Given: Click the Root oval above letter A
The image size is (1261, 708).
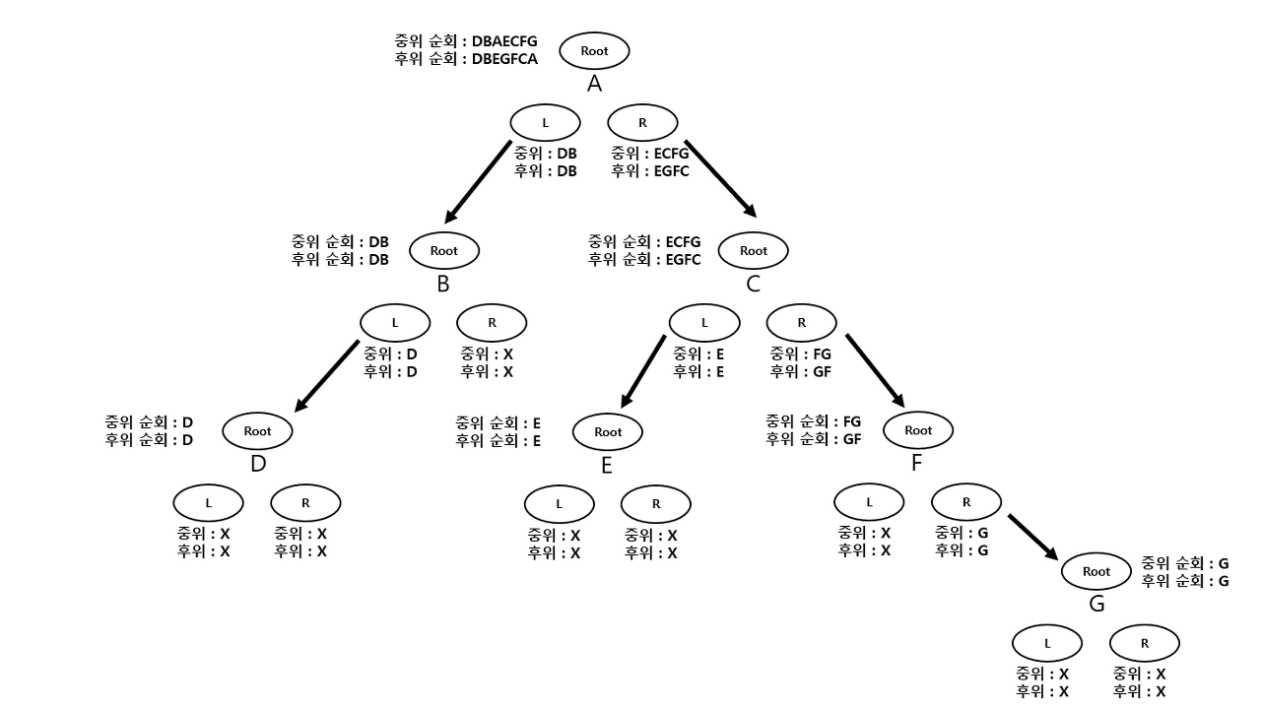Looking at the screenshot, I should (x=594, y=50).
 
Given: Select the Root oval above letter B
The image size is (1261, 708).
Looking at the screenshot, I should (x=444, y=250).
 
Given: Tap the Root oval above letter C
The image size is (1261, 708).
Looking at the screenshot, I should (x=754, y=250).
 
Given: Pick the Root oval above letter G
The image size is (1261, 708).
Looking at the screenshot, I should (x=1095, y=571).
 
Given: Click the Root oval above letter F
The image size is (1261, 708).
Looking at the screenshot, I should (x=918, y=430).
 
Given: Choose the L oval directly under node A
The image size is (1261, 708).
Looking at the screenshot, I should (x=545, y=122).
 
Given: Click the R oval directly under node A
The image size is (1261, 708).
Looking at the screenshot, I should (x=643, y=122).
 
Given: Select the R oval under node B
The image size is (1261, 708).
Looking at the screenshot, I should (x=493, y=322).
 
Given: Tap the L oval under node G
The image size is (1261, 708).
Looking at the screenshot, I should (x=1047, y=643).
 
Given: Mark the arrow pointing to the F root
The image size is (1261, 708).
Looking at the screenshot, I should (x=874, y=369).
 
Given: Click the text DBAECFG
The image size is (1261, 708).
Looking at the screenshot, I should (x=505, y=41).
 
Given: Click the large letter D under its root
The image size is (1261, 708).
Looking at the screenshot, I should (x=258, y=463).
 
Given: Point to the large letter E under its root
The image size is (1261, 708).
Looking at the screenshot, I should (x=607, y=464).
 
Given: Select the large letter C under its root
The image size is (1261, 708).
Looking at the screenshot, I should (x=754, y=284).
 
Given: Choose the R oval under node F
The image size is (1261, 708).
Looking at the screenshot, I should (x=966, y=501).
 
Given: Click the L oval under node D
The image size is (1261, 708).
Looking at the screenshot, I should (x=208, y=502).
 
